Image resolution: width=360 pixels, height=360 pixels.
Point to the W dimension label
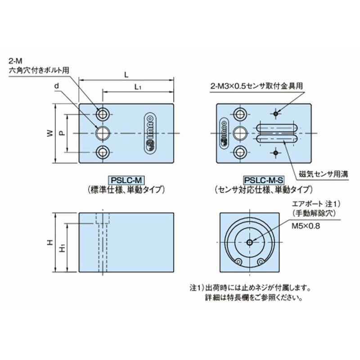(x=50, y=133)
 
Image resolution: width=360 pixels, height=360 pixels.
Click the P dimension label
(x=63, y=133)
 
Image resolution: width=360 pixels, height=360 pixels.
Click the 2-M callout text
(x=14, y=61)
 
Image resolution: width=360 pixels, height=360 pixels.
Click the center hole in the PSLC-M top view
(x=104, y=133)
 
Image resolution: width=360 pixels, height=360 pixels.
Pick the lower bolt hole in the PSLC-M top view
(x=104, y=153)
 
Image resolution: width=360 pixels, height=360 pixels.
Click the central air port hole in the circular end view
(x=249, y=242)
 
